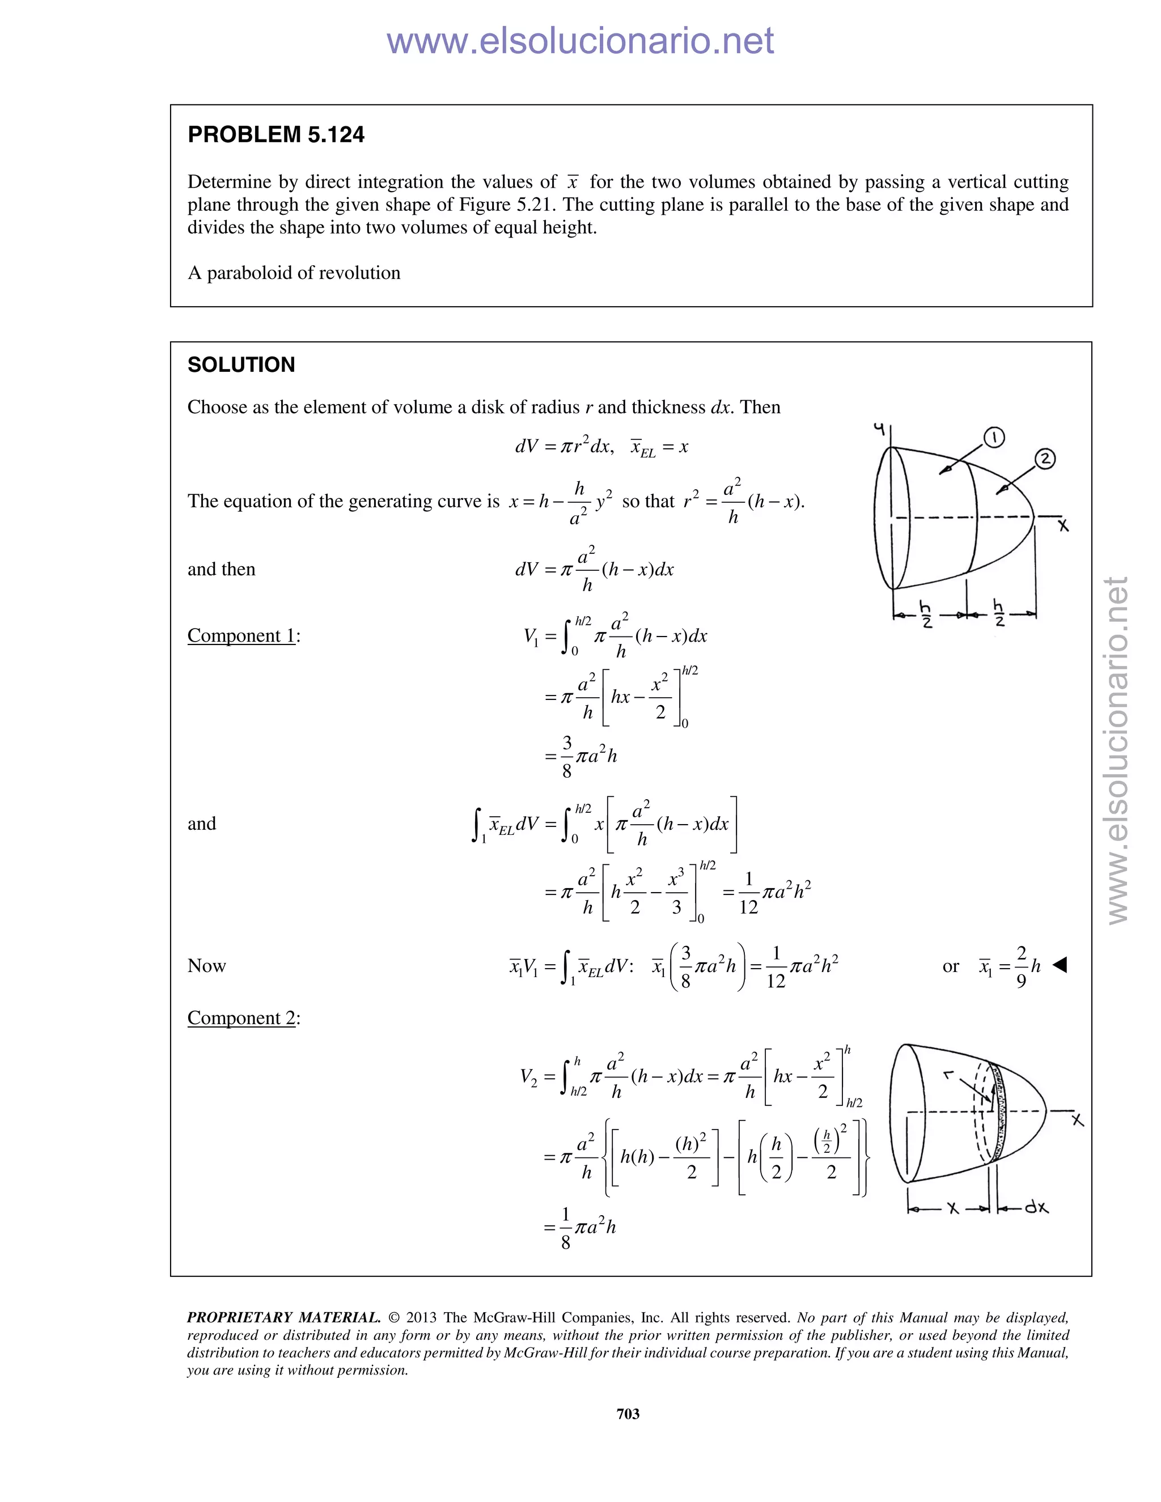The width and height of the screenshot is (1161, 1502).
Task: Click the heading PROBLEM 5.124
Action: click(x=276, y=135)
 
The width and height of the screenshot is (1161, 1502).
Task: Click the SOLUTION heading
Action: click(x=241, y=364)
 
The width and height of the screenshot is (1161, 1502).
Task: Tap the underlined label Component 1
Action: click(x=241, y=635)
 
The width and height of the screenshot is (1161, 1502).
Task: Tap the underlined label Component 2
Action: click(x=241, y=1018)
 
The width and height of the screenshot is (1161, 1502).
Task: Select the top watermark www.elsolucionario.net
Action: click(x=580, y=41)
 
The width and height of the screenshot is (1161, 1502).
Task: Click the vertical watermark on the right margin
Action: click(x=1118, y=750)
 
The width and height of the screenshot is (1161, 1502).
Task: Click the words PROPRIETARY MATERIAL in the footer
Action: click(x=283, y=1318)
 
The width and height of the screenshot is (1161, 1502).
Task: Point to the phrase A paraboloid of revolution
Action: click(x=294, y=273)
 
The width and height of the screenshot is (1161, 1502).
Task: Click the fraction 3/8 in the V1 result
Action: click(x=567, y=757)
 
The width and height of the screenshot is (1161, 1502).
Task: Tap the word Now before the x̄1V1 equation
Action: click(x=206, y=966)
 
